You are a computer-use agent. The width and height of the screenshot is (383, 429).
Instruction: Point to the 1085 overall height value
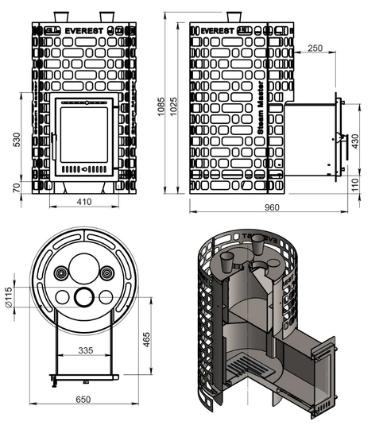point(162,107)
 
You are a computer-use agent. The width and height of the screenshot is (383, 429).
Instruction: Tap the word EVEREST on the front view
point(83,32)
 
